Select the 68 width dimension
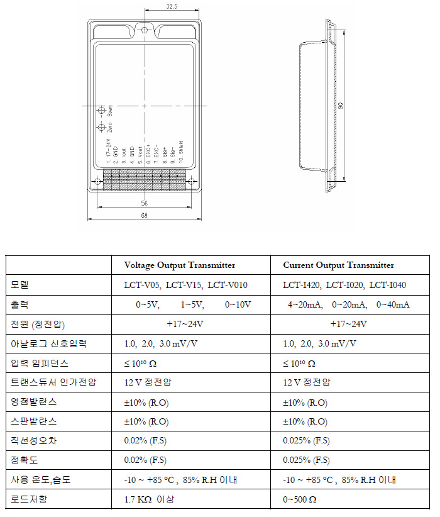(x=145, y=216)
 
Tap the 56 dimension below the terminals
(x=145, y=203)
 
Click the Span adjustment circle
(x=102, y=111)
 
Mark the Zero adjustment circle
(x=102, y=128)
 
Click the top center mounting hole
(x=145, y=30)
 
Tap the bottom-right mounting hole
(x=192, y=182)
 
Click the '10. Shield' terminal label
(x=180, y=152)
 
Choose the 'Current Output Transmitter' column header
(x=338, y=265)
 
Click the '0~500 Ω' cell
(x=299, y=500)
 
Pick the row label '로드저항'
(x=29, y=500)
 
